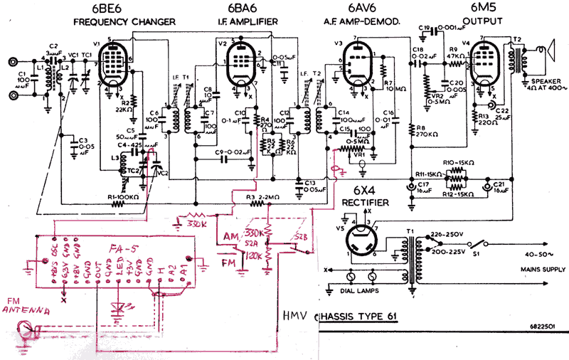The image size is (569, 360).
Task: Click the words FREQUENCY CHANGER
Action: [x=124, y=22]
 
